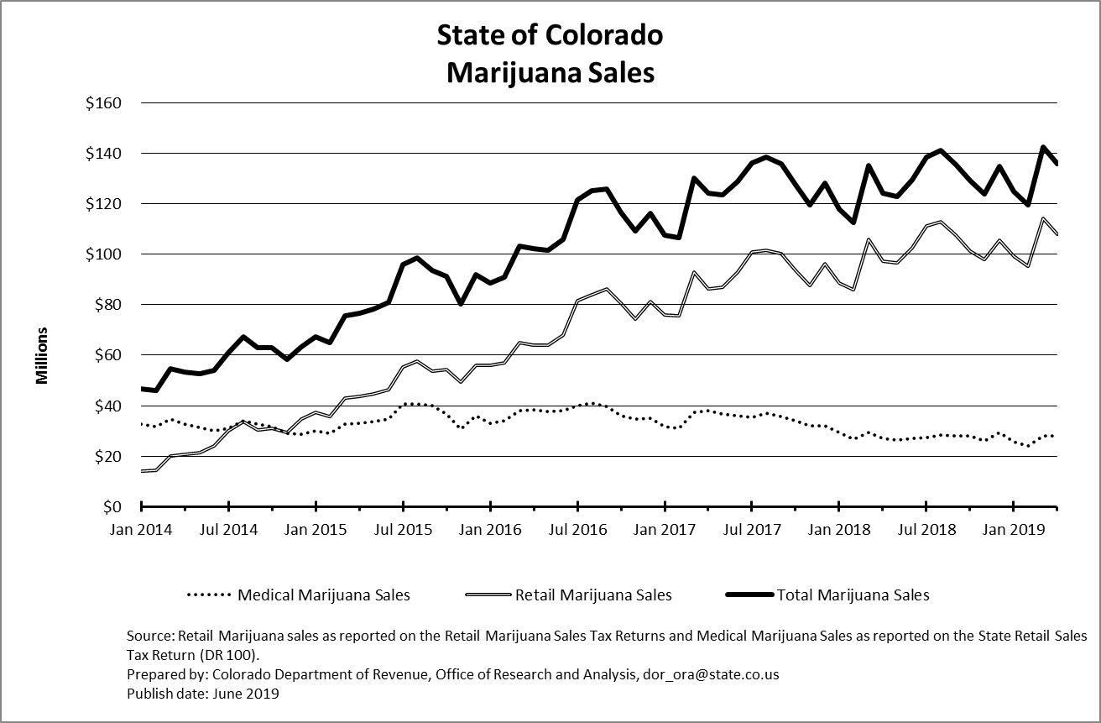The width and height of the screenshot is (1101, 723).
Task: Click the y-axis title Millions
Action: pos(42,356)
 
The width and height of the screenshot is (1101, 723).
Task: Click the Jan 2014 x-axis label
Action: pos(142,530)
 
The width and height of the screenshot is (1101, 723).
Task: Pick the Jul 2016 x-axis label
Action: pos(577,530)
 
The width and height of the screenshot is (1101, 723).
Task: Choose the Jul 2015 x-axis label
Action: pos(403,530)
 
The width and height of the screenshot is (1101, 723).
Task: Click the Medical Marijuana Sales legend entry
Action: pos(323,595)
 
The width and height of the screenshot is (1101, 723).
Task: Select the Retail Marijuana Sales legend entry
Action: pos(592,595)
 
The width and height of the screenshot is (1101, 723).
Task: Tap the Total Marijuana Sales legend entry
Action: pos(853,595)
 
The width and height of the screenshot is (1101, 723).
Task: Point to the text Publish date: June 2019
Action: pos(202,694)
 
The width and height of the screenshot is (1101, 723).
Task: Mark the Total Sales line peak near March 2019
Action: pos(1042,147)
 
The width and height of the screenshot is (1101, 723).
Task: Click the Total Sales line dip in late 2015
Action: pos(461,304)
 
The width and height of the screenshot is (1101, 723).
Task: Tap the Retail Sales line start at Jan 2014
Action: pos(142,471)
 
